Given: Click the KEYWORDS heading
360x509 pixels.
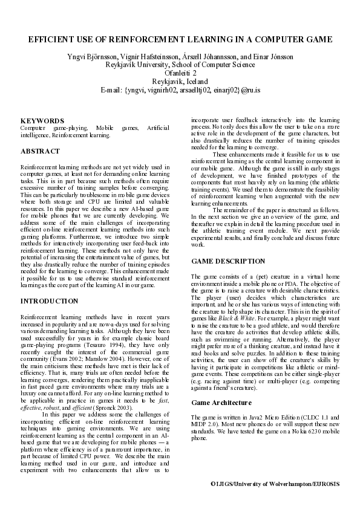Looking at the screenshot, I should coord(42,121).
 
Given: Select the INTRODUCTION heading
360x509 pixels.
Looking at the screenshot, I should coord(49,301).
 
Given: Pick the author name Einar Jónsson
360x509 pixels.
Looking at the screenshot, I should coord(275,57).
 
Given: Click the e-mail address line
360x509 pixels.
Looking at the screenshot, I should coord(180,89).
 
